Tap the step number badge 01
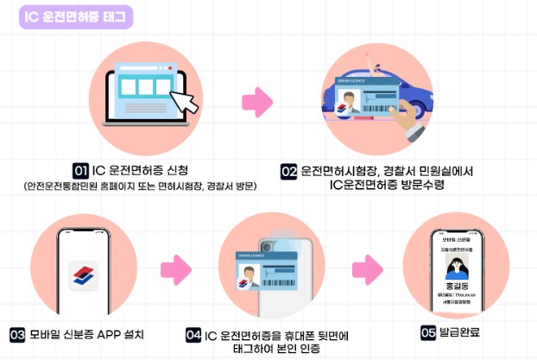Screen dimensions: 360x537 pyautogui.click(x=80, y=170)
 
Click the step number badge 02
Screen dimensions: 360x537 pyautogui.click(x=290, y=171)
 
